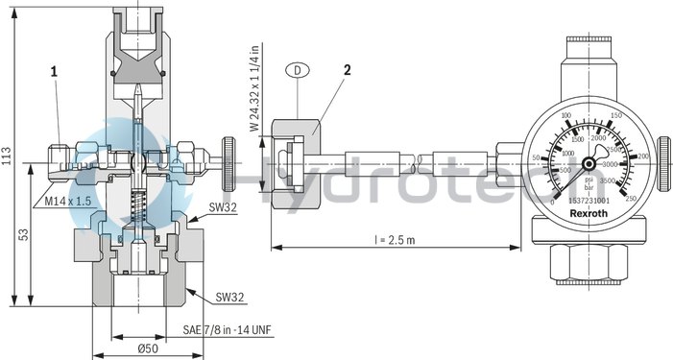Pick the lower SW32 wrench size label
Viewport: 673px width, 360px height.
pyautogui.click(x=229, y=297)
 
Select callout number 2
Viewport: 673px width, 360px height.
pyautogui.click(x=348, y=70)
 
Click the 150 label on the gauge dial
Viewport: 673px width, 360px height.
pyautogui.click(x=613, y=114)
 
